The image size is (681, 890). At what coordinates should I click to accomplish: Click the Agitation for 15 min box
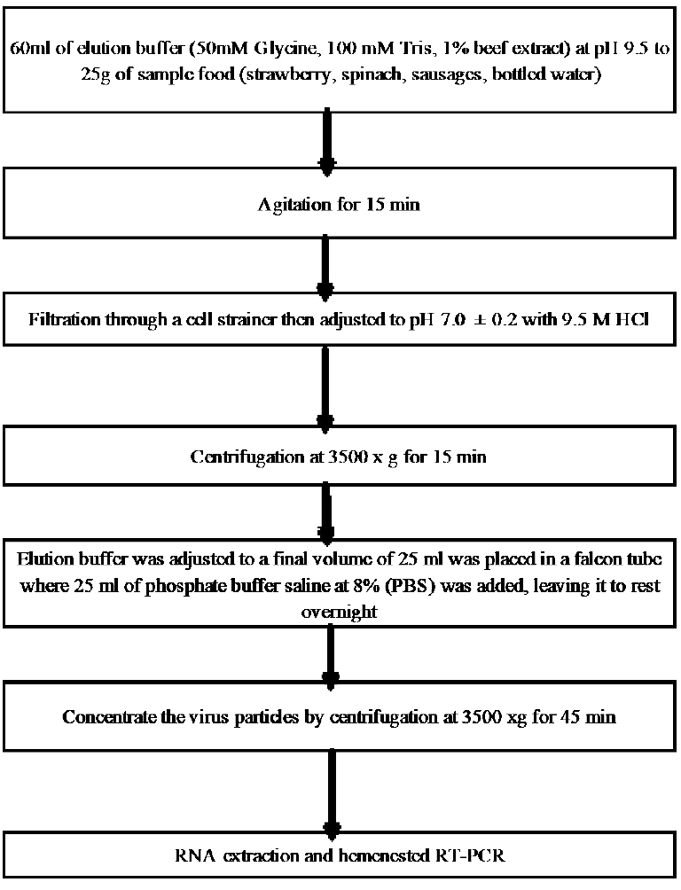coord(340,203)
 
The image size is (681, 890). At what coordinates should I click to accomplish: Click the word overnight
coord(339,613)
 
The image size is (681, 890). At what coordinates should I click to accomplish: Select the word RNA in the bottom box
coord(196,855)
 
